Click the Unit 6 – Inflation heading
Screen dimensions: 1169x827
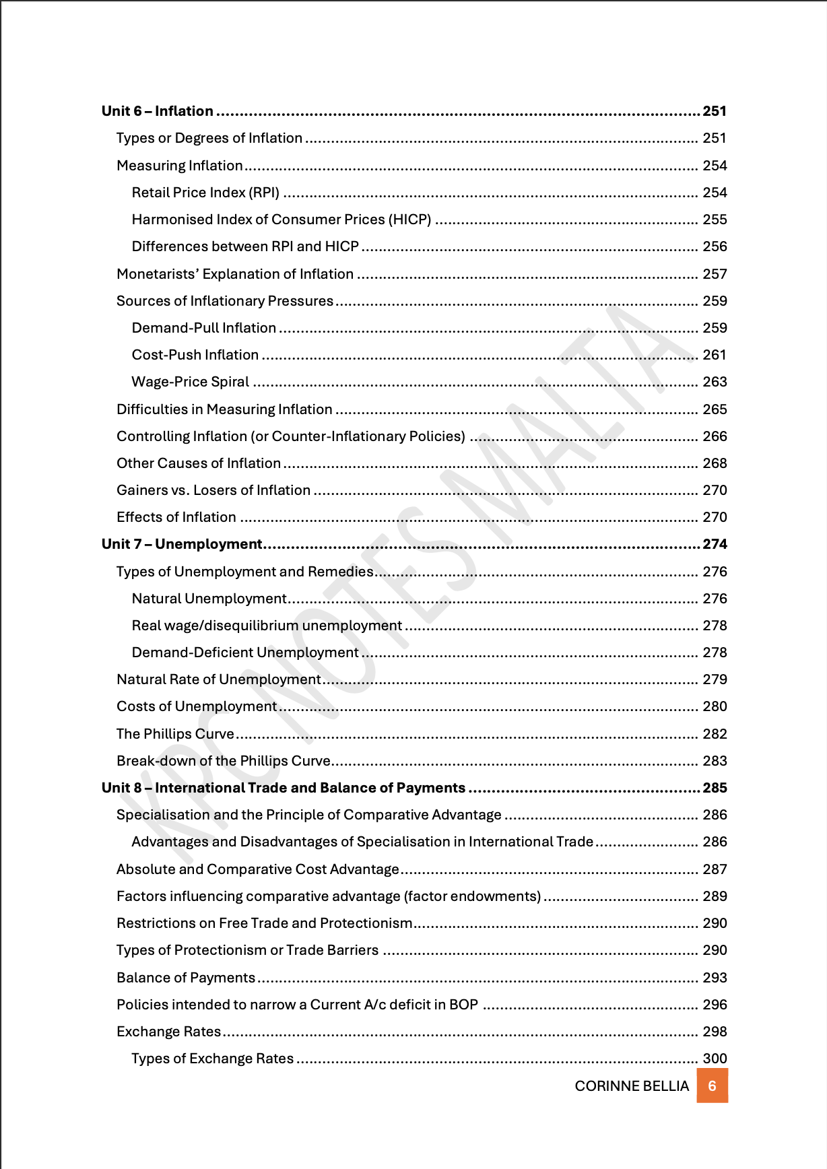(158, 111)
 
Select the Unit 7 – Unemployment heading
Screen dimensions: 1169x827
(182, 544)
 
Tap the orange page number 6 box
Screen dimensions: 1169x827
(712, 1086)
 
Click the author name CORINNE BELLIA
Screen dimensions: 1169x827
(632, 1086)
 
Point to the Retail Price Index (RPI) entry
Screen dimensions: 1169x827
(205, 193)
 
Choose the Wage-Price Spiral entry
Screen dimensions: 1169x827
(191, 382)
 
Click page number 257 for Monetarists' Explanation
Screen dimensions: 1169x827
(715, 274)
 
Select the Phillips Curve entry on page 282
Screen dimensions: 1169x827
(175, 734)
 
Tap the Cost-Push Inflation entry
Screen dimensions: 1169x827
(195, 355)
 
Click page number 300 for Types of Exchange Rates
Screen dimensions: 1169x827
(715, 1059)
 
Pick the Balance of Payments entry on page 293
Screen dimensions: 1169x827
(186, 978)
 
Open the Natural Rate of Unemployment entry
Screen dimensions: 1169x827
(218, 679)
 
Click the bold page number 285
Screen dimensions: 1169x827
(715, 788)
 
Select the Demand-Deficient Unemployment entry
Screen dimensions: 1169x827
(245, 653)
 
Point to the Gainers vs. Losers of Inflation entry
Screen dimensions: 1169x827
(213, 490)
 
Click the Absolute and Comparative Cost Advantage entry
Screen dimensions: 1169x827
(258, 869)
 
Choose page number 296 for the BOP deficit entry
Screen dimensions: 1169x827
(715, 1005)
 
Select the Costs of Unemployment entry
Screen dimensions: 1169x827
(197, 706)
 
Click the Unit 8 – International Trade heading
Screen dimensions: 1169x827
(284, 788)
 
